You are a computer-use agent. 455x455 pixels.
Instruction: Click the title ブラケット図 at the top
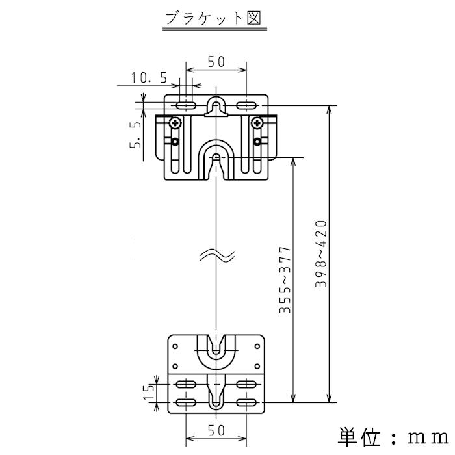click(213, 18)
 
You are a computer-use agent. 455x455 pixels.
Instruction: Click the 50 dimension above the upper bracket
click(216, 62)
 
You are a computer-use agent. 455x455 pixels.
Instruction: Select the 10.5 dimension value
click(149, 78)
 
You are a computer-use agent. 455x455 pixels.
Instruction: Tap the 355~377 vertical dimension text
click(285, 281)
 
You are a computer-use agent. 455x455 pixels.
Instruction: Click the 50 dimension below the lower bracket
click(216, 430)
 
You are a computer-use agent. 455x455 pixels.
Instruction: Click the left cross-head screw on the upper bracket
click(175, 122)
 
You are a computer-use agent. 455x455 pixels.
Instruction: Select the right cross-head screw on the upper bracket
click(258, 122)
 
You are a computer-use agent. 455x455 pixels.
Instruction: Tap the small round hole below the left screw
click(175, 142)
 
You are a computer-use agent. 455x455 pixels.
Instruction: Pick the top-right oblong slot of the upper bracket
click(247, 105)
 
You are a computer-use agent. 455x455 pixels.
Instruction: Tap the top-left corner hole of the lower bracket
click(175, 345)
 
